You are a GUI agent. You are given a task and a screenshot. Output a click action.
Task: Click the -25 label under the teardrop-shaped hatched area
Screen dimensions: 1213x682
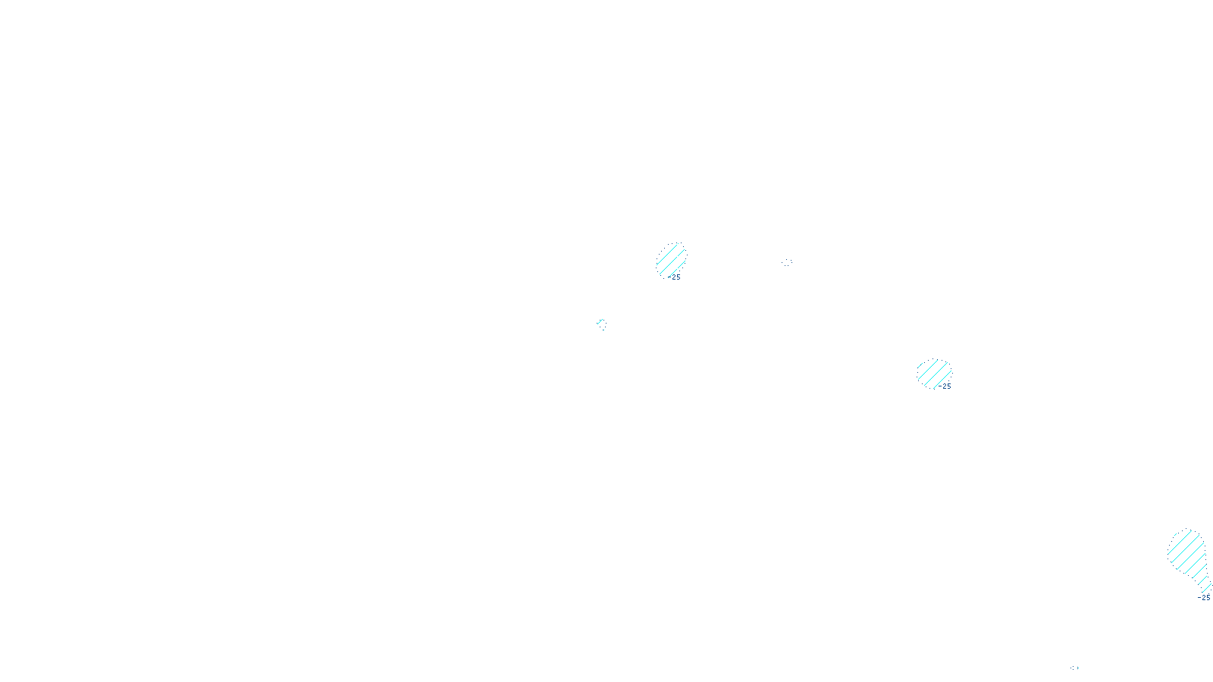point(1203,598)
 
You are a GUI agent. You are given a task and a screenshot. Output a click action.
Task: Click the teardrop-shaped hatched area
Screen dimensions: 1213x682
point(1187,557)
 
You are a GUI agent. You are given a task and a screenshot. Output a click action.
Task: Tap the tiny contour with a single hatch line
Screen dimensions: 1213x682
point(601,324)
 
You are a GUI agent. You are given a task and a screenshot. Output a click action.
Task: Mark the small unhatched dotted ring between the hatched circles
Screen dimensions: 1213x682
point(787,262)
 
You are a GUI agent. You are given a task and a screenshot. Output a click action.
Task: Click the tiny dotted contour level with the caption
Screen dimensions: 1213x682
point(1074,668)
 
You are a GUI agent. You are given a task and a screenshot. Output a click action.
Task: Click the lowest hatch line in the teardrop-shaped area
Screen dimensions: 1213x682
point(1205,585)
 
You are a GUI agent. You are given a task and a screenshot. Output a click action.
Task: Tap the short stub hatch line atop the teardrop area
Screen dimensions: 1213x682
point(1183,533)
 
